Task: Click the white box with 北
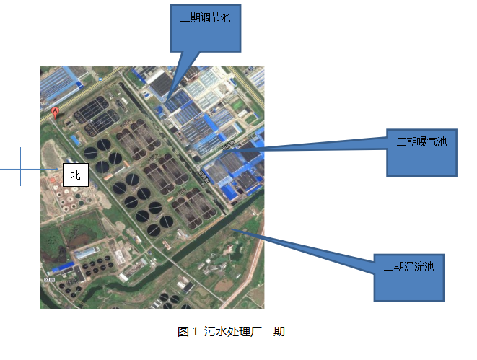(76, 174)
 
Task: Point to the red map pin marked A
(55, 113)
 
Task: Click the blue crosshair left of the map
(20, 167)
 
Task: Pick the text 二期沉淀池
(408, 265)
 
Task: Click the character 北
(76, 174)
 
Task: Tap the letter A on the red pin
(55, 110)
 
